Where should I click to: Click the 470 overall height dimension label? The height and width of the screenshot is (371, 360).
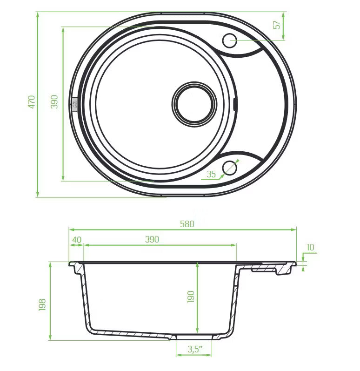(x=32, y=102)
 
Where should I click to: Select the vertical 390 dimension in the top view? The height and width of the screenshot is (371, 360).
(x=54, y=102)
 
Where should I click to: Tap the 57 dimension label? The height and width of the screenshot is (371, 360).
(x=276, y=25)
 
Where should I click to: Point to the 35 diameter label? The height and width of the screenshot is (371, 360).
(x=211, y=174)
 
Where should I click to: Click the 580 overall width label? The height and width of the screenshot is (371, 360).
(x=187, y=224)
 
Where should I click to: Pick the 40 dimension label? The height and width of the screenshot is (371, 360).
(x=77, y=240)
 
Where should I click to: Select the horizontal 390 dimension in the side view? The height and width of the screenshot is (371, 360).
(x=152, y=239)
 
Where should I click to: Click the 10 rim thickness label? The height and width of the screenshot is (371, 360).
(x=310, y=247)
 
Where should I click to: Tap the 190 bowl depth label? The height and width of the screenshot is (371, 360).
(x=191, y=297)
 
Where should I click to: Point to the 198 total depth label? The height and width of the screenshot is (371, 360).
(x=42, y=305)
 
